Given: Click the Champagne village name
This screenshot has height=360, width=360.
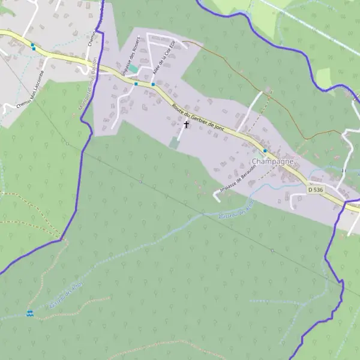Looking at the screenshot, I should point(273,162).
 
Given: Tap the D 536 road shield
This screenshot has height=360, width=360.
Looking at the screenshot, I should point(316,190).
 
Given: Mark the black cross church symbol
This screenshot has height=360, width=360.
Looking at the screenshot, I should point(186,125).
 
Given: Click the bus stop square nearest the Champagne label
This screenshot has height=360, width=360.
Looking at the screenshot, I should point(265,151).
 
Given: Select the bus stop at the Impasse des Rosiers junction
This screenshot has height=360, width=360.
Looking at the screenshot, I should point(136,84).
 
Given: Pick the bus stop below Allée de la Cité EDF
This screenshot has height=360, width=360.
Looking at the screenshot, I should point(154,85).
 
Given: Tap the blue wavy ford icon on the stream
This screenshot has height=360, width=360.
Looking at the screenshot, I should point(29,313).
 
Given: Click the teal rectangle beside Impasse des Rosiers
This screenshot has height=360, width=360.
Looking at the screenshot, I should point(133,70).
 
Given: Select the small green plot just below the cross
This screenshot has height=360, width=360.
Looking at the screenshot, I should point(174,143).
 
